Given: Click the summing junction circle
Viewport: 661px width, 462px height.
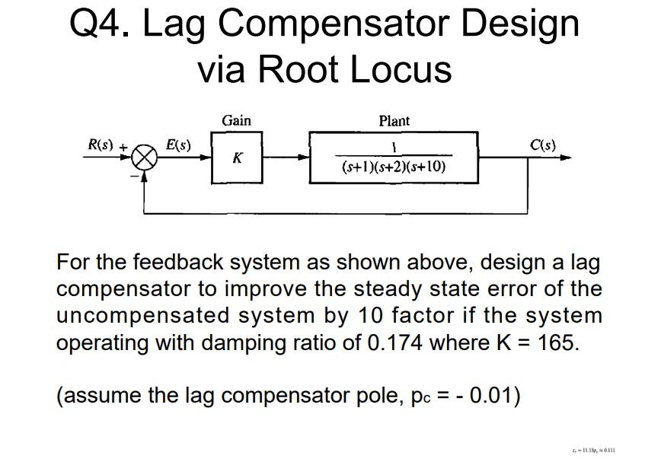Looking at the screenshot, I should (x=145, y=159).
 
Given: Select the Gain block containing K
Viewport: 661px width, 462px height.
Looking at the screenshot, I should (x=237, y=158).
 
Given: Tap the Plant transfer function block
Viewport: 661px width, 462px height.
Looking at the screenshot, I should (x=393, y=158).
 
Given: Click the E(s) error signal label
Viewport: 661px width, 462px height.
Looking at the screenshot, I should (x=179, y=145).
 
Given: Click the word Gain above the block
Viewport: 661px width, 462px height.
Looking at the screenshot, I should (x=236, y=120).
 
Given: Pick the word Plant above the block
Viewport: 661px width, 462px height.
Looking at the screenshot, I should (x=394, y=120).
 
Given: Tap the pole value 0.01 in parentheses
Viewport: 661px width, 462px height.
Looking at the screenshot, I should (x=488, y=396).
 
